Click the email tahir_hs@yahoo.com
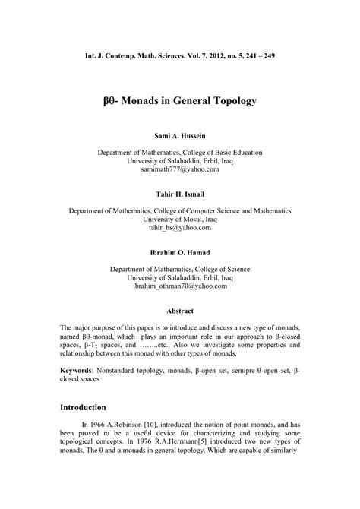click(179, 226)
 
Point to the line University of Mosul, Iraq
click(179, 217)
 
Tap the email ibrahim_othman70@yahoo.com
click(179, 287)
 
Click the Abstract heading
click(179, 310)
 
